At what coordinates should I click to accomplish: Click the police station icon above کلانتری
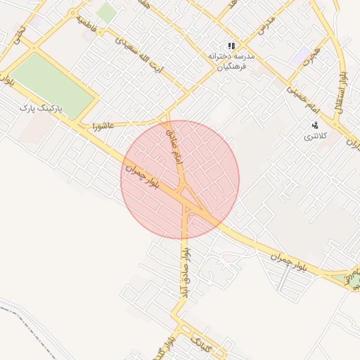(x=314, y=124)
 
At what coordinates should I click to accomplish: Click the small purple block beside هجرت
(x=302, y=53)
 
